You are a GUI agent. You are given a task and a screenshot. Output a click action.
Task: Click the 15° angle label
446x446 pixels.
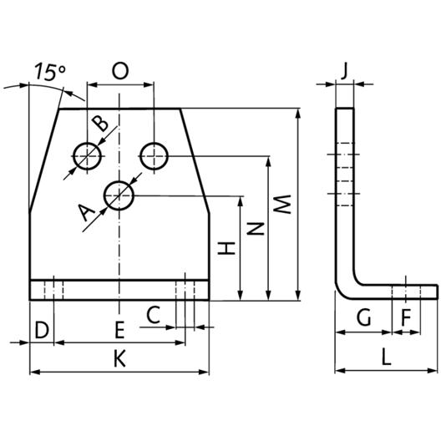(x=50, y=72)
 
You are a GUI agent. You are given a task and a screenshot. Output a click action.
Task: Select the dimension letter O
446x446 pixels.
(x=120, y=71)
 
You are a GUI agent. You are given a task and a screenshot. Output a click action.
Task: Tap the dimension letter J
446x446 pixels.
(x=344, y=71)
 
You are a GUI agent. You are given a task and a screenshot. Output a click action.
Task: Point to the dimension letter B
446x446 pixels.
(x=100, y=124)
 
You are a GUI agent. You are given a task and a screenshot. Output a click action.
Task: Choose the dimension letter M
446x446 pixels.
(x=281, y=205)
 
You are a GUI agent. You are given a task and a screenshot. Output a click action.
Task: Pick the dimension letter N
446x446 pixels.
(x=256, y=229)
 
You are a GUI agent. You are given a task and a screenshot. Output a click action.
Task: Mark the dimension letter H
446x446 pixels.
(x=226, y=248)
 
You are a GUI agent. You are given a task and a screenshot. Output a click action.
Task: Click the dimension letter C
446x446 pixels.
(x=154, y=315)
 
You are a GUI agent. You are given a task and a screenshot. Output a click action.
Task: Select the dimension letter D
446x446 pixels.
(x=42, y=330)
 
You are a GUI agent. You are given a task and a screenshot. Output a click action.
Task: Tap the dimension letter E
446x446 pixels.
(x=119, y=330)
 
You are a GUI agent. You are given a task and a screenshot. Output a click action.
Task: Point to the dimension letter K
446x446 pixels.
(x=119, y=358)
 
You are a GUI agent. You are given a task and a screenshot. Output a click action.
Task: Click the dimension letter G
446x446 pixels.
(x=364, y=317)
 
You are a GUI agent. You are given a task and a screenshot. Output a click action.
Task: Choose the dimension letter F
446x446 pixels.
(x=406, y=317)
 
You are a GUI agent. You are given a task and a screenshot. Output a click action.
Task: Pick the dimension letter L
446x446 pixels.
(x=386, y=357)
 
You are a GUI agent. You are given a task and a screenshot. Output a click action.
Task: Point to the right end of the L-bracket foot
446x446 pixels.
(x=437, y=291)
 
